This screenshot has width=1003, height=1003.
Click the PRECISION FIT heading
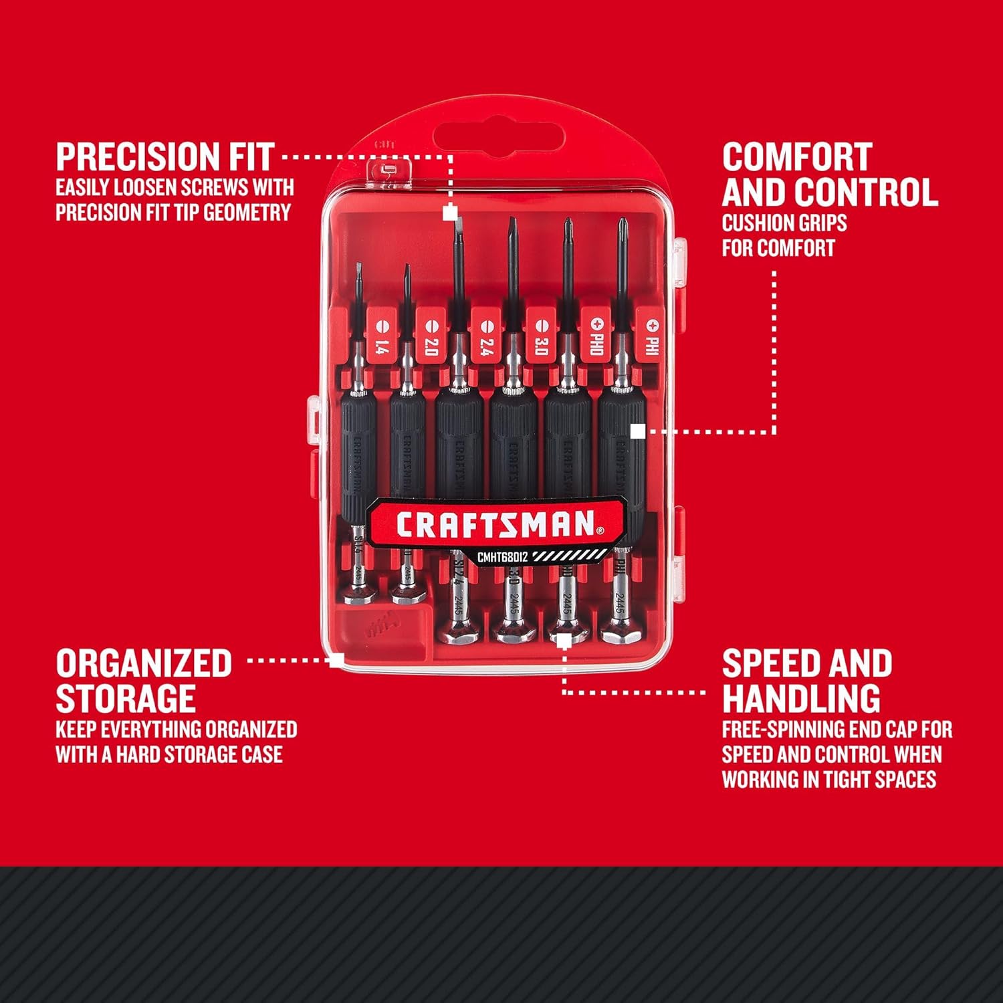164,157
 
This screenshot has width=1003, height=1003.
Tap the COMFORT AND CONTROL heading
829,175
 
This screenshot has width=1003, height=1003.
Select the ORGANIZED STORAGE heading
144,681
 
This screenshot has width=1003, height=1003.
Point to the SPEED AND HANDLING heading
806,681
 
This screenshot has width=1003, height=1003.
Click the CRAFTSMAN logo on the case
495,524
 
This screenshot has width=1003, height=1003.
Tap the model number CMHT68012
502,557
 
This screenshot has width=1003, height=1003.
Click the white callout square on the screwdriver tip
451,213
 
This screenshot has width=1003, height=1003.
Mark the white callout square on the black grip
638,431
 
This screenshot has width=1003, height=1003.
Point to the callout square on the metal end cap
564,641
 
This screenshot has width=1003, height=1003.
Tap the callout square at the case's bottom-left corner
337,660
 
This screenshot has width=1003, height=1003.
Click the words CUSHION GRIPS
784,223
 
